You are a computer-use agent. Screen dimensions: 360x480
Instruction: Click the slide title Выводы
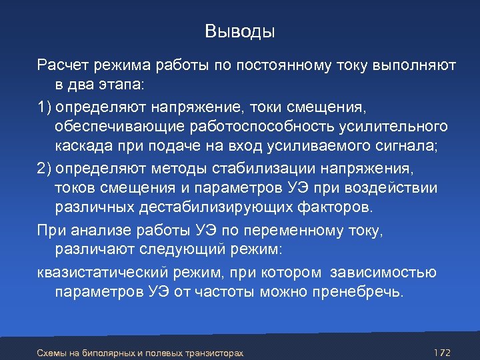tap(240, 31)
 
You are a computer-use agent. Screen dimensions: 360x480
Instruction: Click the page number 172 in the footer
tap(441, 351)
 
